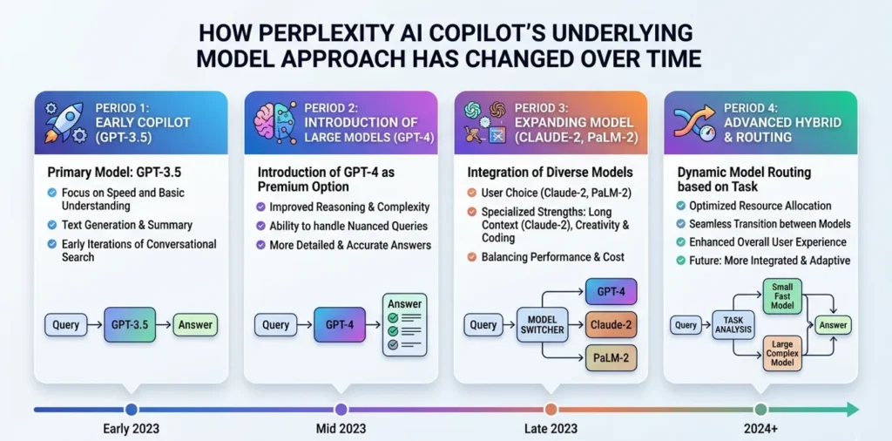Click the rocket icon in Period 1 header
(x=64, y=122)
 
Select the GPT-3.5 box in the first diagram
(x=130, y=325)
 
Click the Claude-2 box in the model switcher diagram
(x=611, y=325)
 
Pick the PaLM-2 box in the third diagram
(x=611, y=358)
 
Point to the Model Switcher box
(x=542, y=325)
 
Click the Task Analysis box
(x=733, y=325)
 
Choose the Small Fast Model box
(x=781, y=296)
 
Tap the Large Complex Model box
(x=781, y=353)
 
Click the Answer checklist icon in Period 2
(x=404, y=325)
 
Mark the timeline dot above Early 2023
(x=132, y=409)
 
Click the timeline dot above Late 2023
(x=551, y=409)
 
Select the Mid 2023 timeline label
(x=341, y=429)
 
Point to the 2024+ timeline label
(x=761, y=429)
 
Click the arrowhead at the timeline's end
(x=853, y=409)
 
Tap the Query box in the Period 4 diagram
(x=686, y=325)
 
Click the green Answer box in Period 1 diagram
(x=195, y=325)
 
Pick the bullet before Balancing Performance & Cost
(x=471, y=258)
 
